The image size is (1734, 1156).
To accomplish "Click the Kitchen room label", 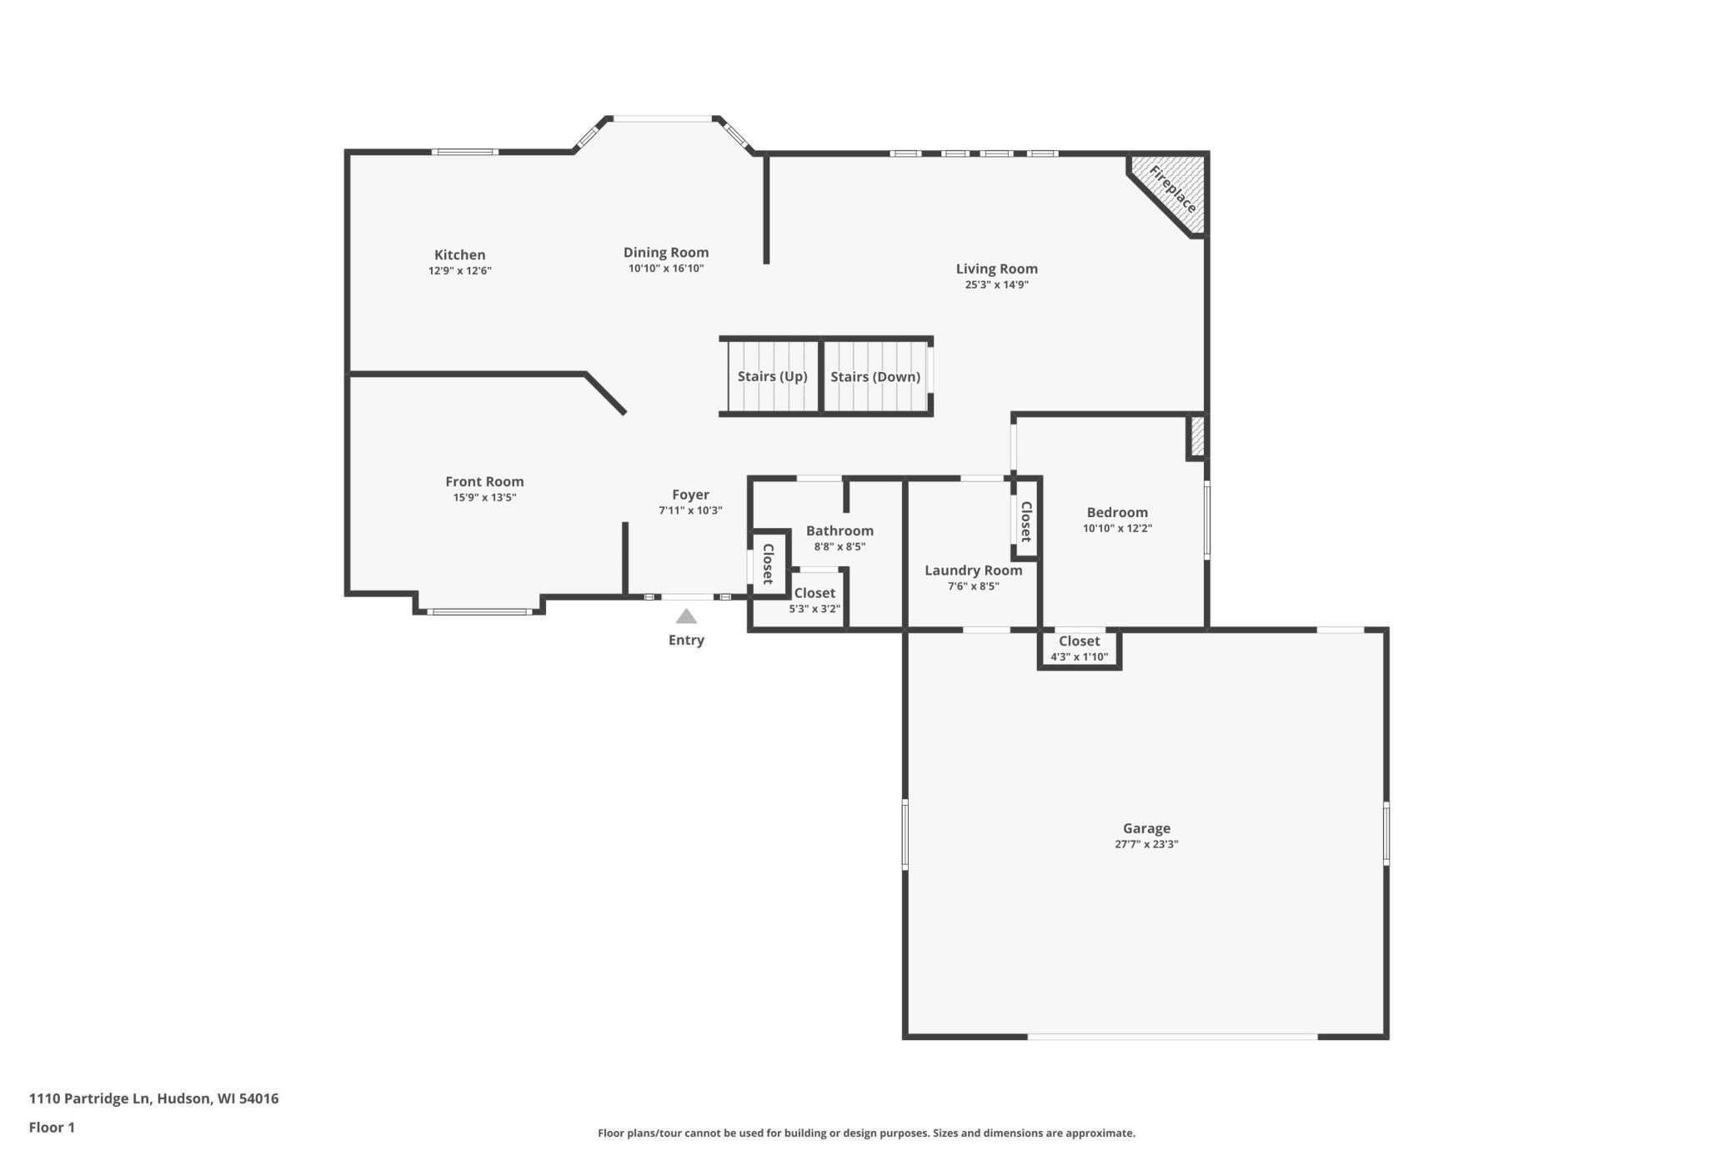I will point(459,255).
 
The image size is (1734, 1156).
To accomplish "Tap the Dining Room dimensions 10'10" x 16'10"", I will point(666,269).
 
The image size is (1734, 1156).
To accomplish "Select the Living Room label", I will point(996,269).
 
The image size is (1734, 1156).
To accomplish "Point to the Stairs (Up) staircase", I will point(772,376).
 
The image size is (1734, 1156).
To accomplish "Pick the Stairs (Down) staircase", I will point(875,376).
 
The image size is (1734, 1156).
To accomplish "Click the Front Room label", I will point(484,481).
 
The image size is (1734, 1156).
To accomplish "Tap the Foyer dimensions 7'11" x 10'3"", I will point(690,510).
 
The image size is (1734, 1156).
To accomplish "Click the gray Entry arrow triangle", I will point(686,616).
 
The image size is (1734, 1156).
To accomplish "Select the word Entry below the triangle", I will point(686,641).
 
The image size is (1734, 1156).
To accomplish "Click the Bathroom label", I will point(839,530).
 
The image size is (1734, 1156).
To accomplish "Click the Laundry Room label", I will point(973,570).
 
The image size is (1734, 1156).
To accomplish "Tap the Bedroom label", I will point(1117,512).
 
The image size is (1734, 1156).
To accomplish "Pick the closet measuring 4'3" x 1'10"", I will point(1079,648).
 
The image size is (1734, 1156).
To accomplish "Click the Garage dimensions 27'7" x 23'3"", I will point(1146,844).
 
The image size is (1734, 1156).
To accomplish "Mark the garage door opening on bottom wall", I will point(1171,1037).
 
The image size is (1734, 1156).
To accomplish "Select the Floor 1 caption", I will point(52,1128).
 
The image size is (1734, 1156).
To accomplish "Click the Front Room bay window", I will point(479,612).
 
